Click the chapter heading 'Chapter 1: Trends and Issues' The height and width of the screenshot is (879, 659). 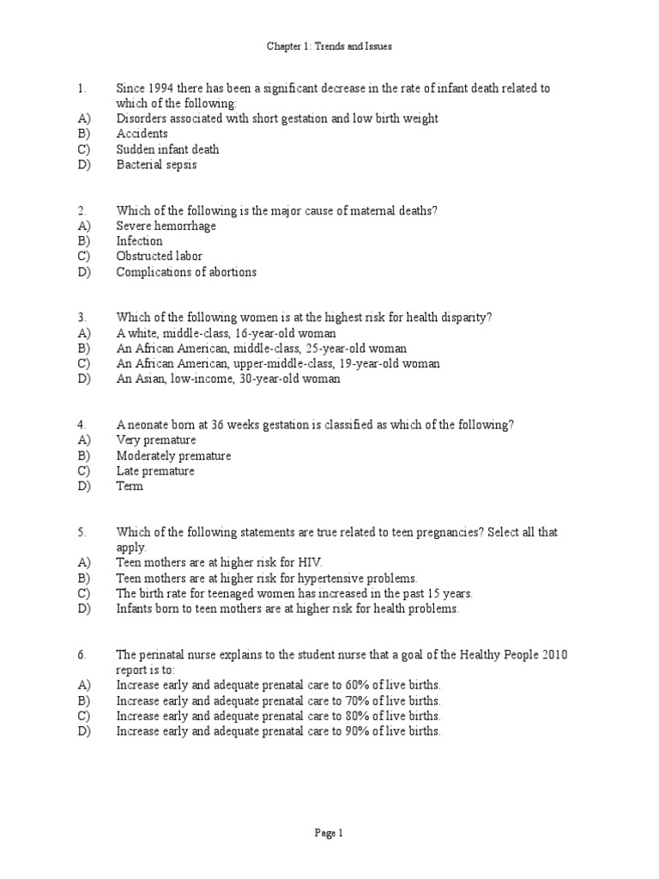(x=329, y=46)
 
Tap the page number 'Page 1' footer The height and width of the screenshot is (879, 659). (x=329, y=833)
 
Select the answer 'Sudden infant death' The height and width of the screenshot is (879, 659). (x=167, y=149)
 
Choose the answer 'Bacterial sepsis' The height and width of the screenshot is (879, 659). (x=156, y=165)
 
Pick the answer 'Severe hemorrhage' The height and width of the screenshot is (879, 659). (x=166, y=226)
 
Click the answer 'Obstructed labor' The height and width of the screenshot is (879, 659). (x=160, y=257)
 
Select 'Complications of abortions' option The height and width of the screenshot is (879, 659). (x=186, y=272)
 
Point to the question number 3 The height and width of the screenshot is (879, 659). (x=81, y=318)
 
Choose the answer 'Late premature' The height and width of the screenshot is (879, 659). (x=155, y=471)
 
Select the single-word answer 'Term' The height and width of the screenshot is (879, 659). (x=130, y=487)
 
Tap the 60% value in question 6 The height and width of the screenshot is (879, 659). (x=358, y=685)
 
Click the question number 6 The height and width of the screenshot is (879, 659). (x=81, y=655)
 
